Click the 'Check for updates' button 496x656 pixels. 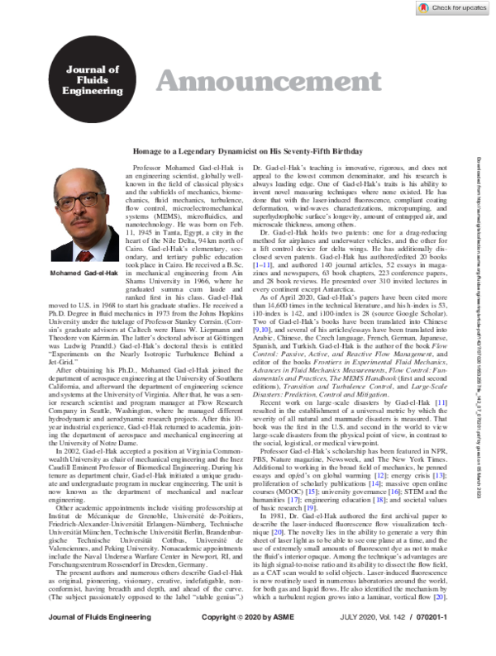[x=455, y=8]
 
